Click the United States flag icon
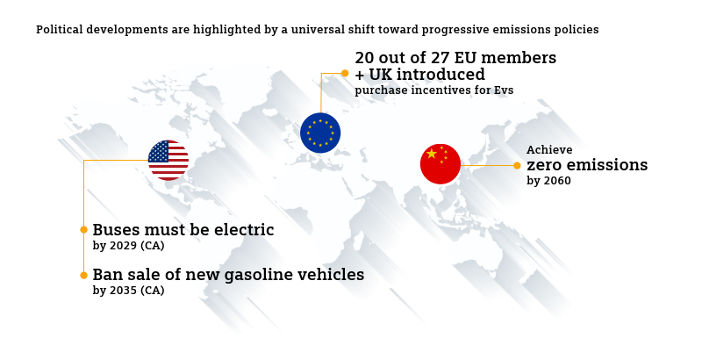pos(168,161)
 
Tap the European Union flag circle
pos(320,133)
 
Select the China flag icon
pos(441,164)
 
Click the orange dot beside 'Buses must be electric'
pos(83,230)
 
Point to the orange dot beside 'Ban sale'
pos(83,276)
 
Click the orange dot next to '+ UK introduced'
pos(345,73)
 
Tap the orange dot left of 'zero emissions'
pos(517,166)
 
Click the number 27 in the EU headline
pos(441,58)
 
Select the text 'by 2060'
pos(549,181)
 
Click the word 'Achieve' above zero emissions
pos(549,149)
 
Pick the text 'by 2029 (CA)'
pos(128,246)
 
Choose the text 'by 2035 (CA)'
pos(128,291)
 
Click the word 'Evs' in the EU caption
pos(504,90)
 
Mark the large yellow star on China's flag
pos(432,154)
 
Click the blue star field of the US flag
pos(158,151)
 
